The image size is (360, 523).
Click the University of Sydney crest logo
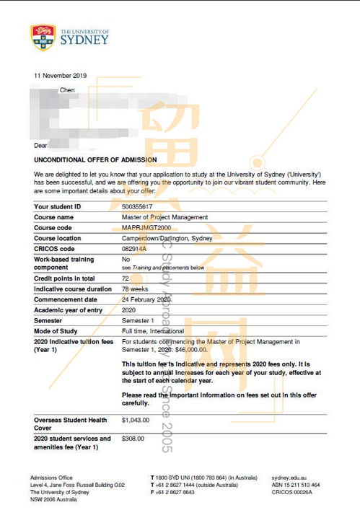tap(43, 35)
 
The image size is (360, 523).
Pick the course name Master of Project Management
tap(164, 217)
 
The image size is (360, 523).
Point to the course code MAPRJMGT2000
tap(144, 227)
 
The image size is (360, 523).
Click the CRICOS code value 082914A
tap(134, 248)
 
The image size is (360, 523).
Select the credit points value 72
tap(126, 278)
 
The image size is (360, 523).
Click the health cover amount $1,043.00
tap(136, 419)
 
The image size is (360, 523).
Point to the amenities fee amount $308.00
tap(133, 439)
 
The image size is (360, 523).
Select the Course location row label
tap(57, 238)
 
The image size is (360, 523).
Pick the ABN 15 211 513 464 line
tap(296, 485)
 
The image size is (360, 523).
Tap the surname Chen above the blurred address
tap(67, 90)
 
